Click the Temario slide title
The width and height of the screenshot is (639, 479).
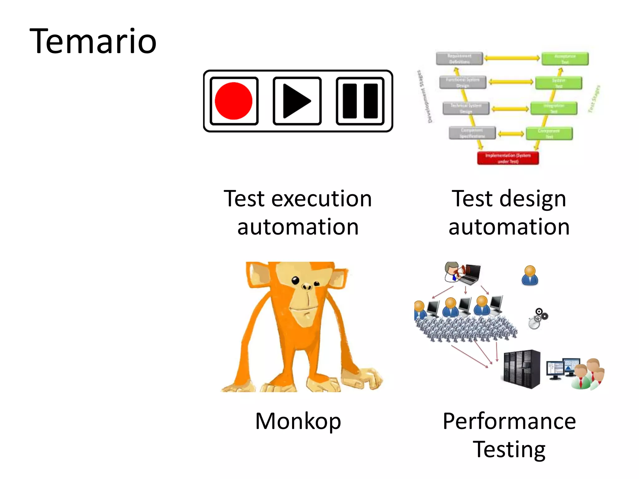(x=93, y=41)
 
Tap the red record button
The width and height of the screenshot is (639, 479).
(x=234, y=101)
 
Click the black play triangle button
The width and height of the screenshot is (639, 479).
(x=297, y=101)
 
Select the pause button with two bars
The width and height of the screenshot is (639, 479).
(x=360, y=101)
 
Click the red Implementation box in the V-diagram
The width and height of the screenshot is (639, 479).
(x=508, y=158)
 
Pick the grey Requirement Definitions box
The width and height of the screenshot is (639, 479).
(x=459, y=59)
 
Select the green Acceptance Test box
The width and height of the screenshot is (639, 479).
(x=565, y=59)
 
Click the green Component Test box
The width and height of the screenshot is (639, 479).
(x=549, y=133)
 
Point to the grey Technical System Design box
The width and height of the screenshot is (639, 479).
(x=466, y=108)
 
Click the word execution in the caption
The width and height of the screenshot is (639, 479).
(x=321, y=199)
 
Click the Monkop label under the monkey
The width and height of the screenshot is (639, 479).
(x=298, y=421)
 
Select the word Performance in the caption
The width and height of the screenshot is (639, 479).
(x=509, y=421)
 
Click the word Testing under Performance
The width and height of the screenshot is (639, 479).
(x=509, y=449)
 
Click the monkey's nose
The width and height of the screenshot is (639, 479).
(x=306, y=286)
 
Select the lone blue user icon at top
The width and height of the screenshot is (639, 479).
(x=530, y=275)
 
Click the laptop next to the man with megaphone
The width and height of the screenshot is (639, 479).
(x=471, y=274)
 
